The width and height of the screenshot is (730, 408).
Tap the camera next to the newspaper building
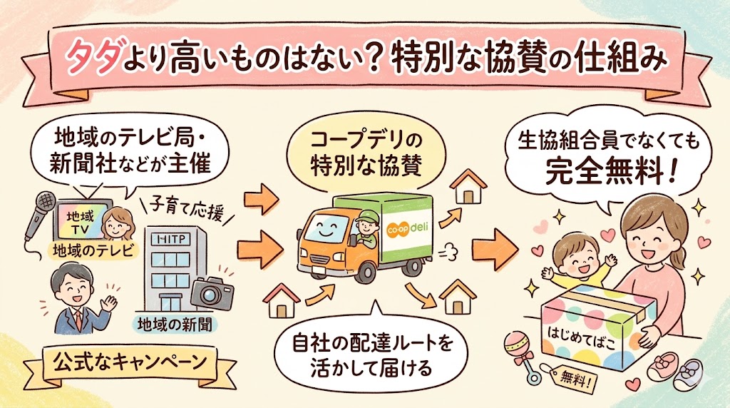[212, 293]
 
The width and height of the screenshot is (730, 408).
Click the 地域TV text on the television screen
[80, 222]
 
